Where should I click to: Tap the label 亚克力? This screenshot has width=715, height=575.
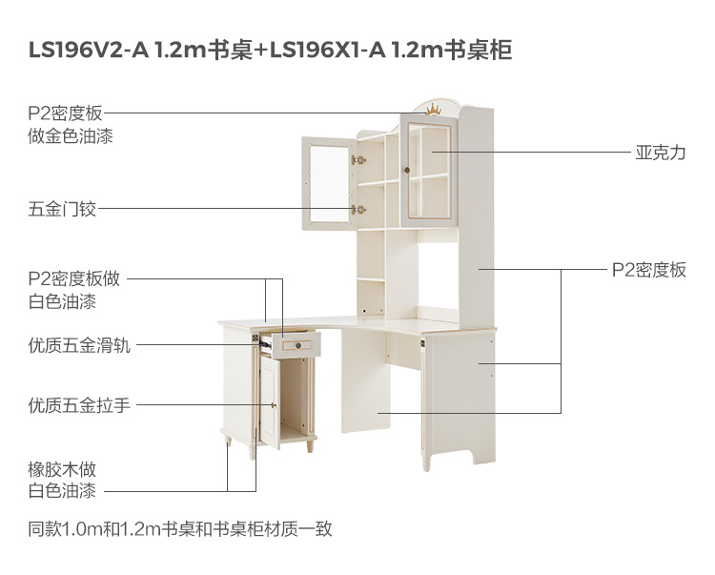click(x=661, y=153)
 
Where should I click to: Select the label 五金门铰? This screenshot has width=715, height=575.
click(x=62, y=208)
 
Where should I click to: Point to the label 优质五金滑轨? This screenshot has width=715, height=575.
click(x=79, y=345)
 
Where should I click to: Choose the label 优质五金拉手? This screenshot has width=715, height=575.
click(x=79, y=405)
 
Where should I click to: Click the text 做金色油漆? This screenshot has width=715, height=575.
click(x=71, y=136)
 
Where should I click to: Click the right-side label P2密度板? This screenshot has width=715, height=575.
click(x=648, y=270)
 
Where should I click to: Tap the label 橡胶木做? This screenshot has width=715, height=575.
click(x=62, y=469)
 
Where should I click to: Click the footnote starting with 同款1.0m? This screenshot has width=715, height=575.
click(x=180, y=528)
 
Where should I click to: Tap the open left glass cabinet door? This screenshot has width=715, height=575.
click(x=328, y=183)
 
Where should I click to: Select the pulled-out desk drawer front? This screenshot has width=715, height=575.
click(x=296, y=344)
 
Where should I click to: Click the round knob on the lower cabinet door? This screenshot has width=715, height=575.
click(x=274, y=404)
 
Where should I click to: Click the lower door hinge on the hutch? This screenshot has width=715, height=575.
click(x=358, y=209)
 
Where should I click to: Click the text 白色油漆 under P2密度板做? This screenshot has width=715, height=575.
click(x=62, y=301)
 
